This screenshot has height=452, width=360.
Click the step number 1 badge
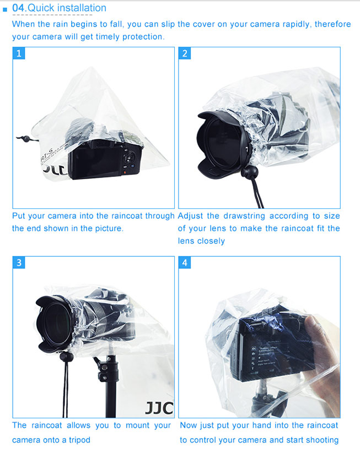19,53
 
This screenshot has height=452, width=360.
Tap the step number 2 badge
185,53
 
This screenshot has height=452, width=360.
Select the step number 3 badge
19,262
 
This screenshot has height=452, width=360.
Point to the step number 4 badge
185,262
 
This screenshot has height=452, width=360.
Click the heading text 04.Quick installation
59,8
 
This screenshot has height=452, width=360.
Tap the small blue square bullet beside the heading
4,9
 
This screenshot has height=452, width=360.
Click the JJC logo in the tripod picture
159,407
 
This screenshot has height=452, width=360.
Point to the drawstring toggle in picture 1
26,139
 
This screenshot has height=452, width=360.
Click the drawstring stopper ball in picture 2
250,172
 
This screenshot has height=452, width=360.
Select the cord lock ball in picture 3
67,356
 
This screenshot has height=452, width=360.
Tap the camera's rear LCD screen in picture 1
96,160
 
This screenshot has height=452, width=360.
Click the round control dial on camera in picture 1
130,158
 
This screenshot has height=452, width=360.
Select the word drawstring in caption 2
244,216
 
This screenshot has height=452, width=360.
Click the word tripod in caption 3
79,440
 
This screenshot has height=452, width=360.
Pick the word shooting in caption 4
322,440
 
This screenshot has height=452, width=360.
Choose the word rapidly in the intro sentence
296,24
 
